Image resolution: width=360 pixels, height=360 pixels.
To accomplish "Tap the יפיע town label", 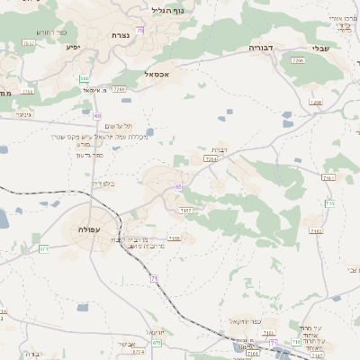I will coord(73,46).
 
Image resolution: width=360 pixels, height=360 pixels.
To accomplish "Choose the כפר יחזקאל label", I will coord(244,320).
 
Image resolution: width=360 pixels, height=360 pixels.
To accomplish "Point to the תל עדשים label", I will coord(118,126).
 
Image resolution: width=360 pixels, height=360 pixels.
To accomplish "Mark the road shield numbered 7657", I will coord(28,42).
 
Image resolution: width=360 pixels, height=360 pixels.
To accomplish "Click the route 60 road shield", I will coord(96,116).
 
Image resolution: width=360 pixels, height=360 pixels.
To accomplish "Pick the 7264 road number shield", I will coord(211,158).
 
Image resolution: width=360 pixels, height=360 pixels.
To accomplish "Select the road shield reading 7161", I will coord(327,178).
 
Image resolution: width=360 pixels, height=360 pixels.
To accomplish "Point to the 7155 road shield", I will coord(174,238).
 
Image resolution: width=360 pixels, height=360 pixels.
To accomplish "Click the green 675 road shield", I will coord(157,342).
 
